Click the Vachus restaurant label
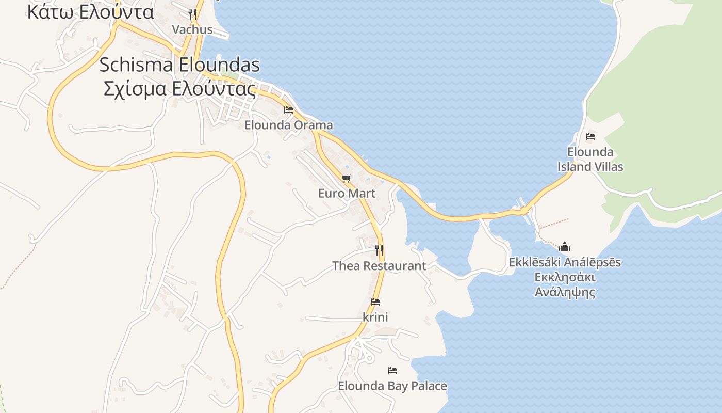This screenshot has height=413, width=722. pos(192,29)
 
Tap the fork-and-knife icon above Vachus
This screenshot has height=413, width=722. pos(192,14)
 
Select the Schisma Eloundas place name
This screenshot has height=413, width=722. pos(179,65)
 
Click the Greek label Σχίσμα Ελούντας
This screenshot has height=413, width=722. pos(179,89)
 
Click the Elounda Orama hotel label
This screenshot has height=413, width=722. pos(288,125)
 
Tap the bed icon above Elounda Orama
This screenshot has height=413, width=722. pos(289,110)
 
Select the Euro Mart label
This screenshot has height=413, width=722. pos(347,193)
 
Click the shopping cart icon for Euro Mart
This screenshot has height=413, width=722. pos(347,179)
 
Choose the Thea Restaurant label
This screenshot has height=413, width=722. pos(379,266)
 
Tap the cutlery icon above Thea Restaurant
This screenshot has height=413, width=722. pos(379,250)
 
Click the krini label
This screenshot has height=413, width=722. pos(375,317)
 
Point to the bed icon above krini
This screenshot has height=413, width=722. pos(375,302)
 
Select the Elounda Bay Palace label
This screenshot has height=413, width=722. pos(392,386)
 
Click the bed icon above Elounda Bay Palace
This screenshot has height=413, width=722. pos(392,371)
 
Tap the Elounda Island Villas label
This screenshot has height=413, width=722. pos(590,159)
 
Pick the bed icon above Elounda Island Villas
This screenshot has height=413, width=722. pos(590,137)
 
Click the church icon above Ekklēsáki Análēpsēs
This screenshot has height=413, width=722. pos(565,247)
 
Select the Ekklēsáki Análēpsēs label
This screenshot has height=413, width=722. pos(565,262)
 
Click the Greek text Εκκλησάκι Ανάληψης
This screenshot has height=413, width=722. pos(565,284)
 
